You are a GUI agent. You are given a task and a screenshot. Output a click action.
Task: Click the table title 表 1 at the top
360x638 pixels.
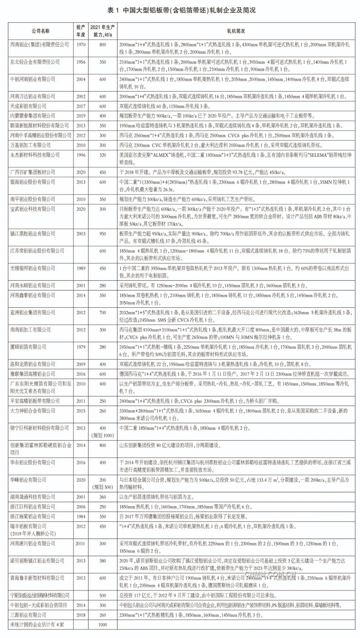pos(113,10)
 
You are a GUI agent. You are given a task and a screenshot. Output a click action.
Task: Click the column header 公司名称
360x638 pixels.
pos(41,31)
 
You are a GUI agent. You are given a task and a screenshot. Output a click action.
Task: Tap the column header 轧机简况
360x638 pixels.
pos(236,31)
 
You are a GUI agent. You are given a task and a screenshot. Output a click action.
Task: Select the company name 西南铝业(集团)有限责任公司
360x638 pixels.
pos(39,45)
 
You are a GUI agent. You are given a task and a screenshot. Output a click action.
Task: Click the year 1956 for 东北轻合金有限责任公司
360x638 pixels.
pos(81,62)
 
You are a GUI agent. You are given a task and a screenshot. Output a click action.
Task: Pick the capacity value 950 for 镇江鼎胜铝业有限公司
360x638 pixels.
pos(103,234)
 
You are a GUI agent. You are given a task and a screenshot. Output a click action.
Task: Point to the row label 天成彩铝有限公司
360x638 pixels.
pos(28,106)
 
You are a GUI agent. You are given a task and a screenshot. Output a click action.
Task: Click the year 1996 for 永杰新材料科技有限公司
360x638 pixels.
pos(81,155)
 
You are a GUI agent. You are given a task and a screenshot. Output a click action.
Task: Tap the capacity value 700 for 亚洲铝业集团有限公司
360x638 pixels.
pos(103,313)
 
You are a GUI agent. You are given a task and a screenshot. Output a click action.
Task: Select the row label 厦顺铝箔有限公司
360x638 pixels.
pos(28,347)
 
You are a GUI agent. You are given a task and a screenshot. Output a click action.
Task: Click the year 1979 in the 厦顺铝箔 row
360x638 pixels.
pos(81,347)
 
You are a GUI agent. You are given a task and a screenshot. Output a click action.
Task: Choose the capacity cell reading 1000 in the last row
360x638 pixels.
pos(103,625)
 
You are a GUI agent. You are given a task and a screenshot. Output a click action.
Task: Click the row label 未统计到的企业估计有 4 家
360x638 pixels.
pos(37,625)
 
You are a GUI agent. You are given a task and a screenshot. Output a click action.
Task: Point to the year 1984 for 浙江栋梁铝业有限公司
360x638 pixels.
pos(81,517)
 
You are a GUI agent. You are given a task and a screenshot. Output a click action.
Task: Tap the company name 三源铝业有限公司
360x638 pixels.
pos(28,615)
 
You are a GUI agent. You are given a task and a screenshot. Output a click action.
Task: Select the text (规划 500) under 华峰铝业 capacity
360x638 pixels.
pos(103,487)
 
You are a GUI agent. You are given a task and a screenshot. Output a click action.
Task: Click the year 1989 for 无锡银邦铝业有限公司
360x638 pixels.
pos(81,269)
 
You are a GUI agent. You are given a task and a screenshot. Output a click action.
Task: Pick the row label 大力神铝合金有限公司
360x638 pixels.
pos(33,411)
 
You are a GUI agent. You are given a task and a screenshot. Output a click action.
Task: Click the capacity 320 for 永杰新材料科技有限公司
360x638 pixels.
pos(103,155)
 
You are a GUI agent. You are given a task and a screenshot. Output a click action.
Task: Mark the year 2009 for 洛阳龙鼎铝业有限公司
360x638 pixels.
pos(81,364)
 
